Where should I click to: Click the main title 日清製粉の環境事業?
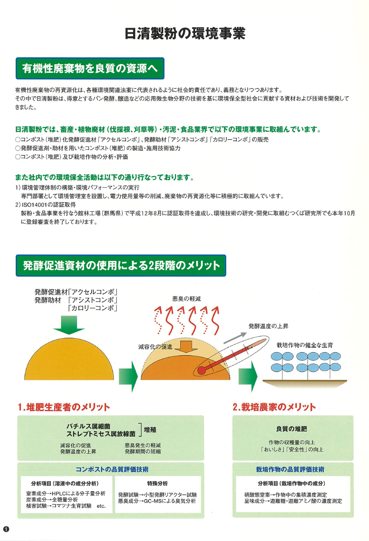[x=185, y=34]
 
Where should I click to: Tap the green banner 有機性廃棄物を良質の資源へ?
[x=90, y=68]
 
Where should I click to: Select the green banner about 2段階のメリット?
[x=121, y=265]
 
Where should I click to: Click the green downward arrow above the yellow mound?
[x=69, y=325]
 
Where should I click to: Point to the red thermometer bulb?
[x=201, y=370]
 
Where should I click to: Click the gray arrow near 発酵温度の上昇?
[x=235, y=338]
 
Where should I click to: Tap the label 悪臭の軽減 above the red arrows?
[x=186, y=299]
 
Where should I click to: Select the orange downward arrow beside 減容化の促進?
[x=186, y=347]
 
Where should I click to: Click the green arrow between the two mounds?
[x=128, y=376]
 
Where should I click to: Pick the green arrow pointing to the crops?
[x=248, y=376]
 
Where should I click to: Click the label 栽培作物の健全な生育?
[x=305, y=345]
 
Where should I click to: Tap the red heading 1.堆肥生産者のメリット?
[x=64, y=407]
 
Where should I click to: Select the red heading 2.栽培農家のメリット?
[x=274, y=407]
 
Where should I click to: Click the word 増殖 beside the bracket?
[x=150, y=430]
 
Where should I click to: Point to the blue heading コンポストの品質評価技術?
[x=112, y=469]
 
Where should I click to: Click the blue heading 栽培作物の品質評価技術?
[x=290, y=469]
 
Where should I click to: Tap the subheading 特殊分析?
[x=157, y=483]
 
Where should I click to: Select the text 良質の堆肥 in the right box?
[x=291, y=429]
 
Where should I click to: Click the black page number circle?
[x=6, y=529]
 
